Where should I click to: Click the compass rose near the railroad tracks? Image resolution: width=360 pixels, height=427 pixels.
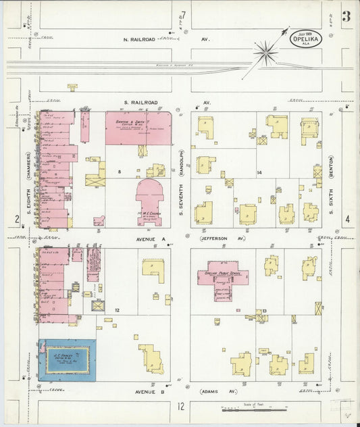[266, 52]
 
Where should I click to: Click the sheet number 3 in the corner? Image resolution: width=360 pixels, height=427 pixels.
[346, 16]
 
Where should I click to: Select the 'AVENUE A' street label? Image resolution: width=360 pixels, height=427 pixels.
[140, 238]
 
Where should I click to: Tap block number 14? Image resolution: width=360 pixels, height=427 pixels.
[259, 173]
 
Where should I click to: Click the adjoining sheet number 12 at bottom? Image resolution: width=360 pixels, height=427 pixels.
[180, 406]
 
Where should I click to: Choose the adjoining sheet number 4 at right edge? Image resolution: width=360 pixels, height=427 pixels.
[347, 219]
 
